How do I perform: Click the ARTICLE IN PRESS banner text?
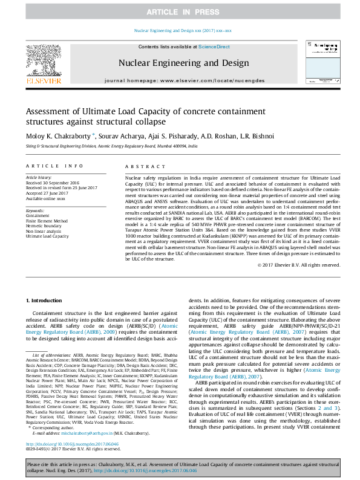180,11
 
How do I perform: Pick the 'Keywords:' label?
35,210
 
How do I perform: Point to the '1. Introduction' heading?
46,300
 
